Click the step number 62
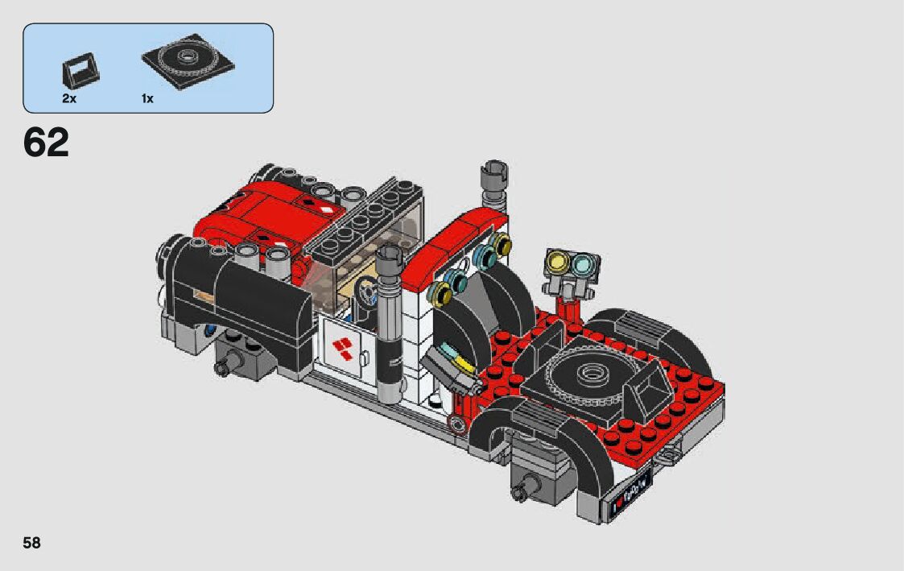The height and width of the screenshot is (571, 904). coord(46,143)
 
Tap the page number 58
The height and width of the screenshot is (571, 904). coord(31,543)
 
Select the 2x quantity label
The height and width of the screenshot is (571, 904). coord(69,98)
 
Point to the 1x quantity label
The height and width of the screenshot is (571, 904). coord(147,98)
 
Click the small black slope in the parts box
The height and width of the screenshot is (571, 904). coord(80,70)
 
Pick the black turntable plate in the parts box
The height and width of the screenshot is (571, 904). coord(188,60)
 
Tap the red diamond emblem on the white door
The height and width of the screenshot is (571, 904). coord(342,349)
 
